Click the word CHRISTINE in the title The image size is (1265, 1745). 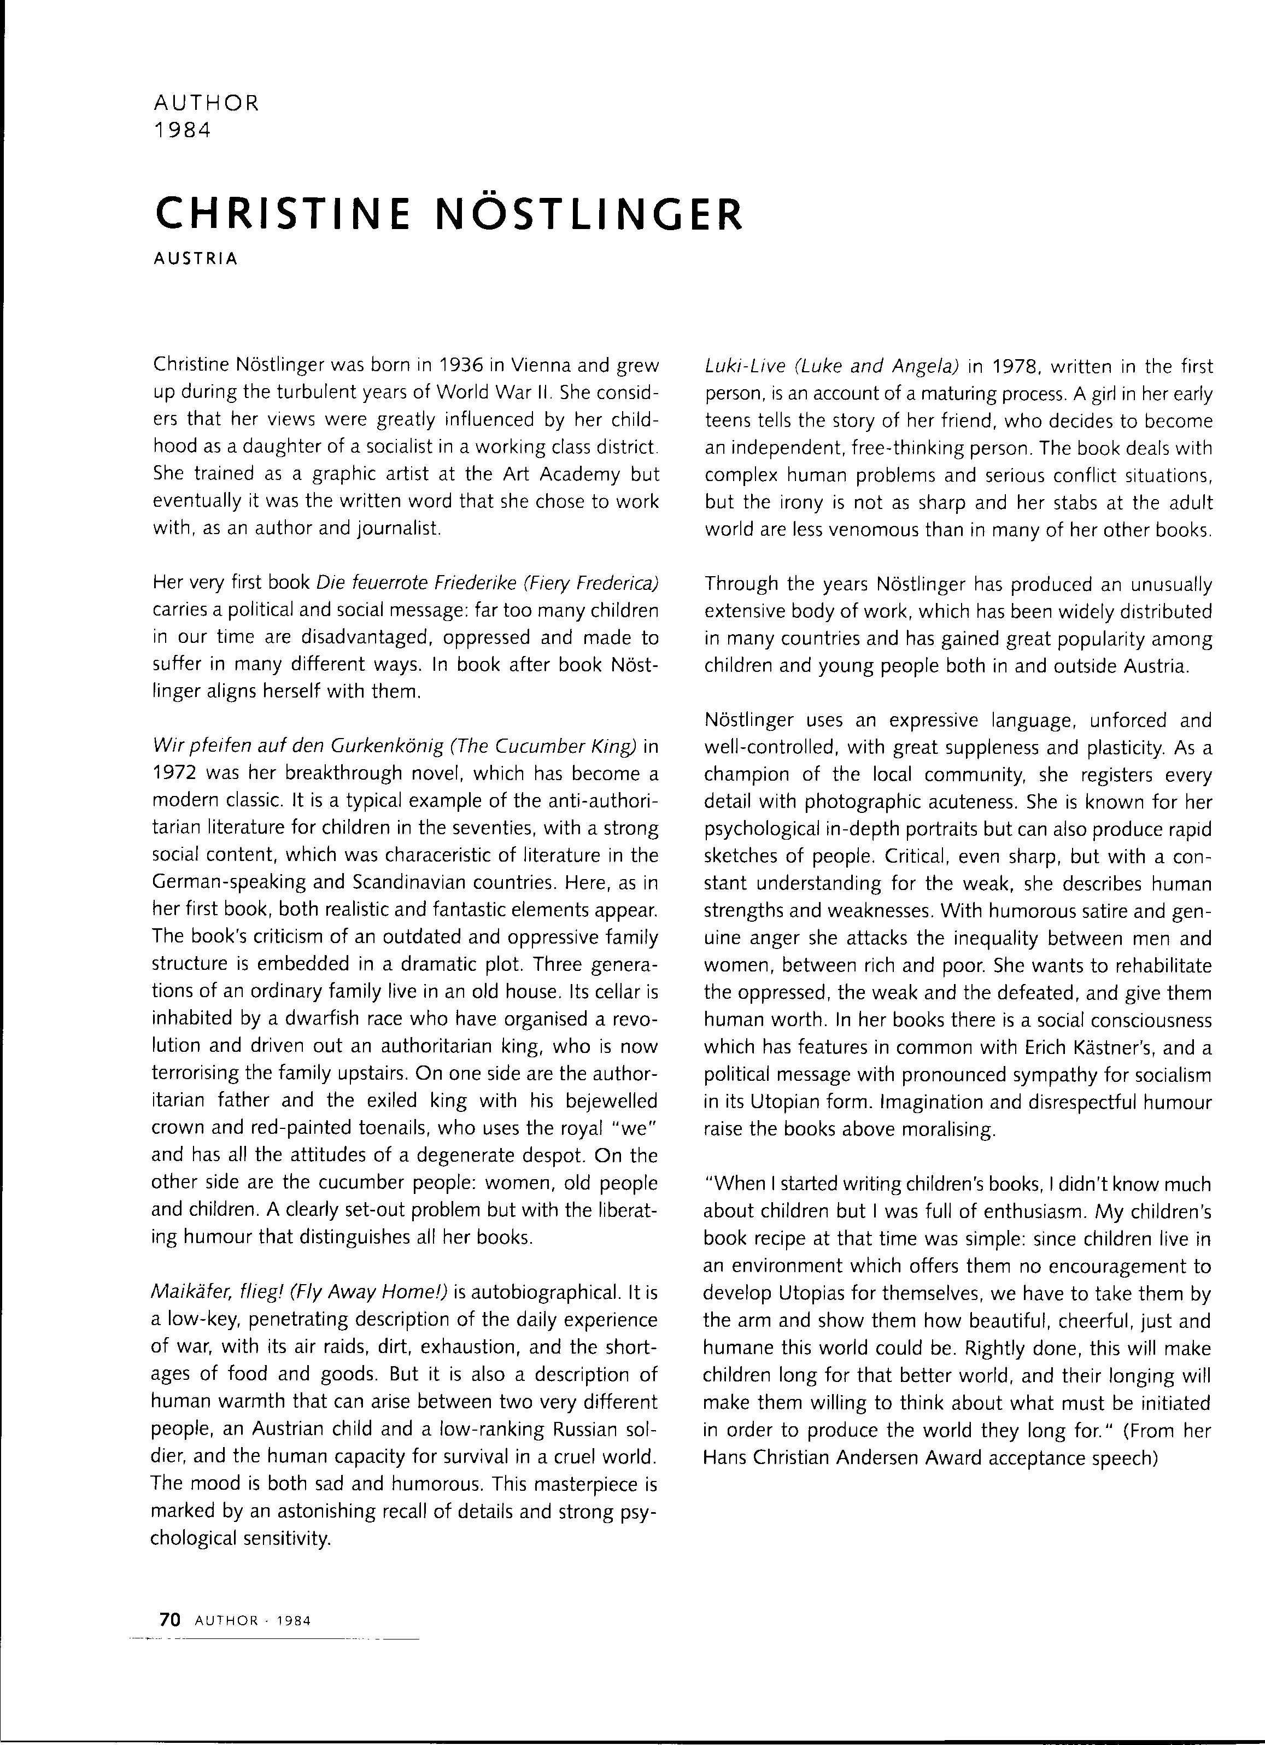coord(283,213)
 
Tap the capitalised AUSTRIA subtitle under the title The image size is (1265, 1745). coord(196,259)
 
